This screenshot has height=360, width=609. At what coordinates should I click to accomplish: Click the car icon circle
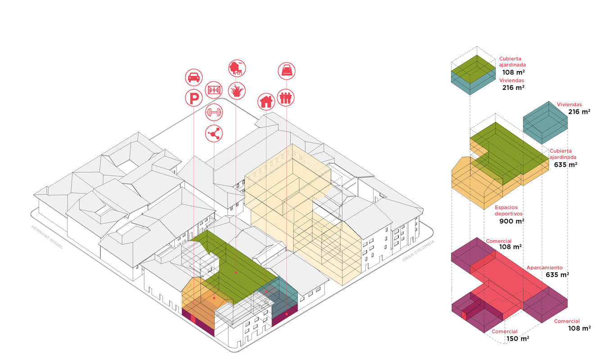[x=194, y=77]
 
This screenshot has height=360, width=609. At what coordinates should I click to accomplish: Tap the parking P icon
[x=194, y=98]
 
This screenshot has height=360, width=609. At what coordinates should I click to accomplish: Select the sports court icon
[x=213, y=90]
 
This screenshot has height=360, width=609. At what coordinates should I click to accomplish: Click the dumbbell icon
[x=213, y=112]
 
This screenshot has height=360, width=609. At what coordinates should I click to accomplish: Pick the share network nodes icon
[x=213, y=133]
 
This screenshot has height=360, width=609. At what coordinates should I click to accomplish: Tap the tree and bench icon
[x=236, y=68]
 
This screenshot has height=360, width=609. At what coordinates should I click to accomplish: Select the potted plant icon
[x=236, y=90]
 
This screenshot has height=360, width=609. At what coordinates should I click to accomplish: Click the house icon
[x=266, y=101]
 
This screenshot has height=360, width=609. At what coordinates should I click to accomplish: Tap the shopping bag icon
[x=286, y=71]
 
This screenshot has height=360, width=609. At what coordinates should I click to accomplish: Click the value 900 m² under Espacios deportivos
[x=512, y=221]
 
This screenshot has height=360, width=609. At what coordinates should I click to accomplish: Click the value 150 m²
[x=517, y=339]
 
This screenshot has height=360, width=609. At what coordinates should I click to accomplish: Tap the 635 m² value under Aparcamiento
[x=557, y=274]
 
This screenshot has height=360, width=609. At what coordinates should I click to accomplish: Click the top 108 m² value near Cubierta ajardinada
[x=514, y=72]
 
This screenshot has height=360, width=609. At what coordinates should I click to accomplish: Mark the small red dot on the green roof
[x=236, y=273]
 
